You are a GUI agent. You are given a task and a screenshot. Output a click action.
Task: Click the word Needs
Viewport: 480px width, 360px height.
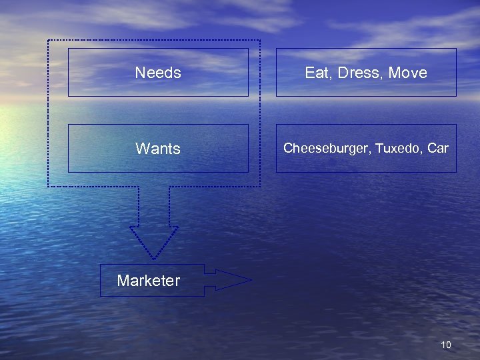click(158, 73)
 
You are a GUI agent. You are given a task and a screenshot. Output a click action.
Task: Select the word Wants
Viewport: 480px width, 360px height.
click(158, 149)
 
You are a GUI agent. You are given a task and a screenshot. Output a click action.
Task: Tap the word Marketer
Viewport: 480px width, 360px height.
click(148, 281)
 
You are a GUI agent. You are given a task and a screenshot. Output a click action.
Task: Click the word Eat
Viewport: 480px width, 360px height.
click(315, 73)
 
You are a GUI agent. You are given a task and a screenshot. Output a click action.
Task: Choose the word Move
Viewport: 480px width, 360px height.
click(407, 73)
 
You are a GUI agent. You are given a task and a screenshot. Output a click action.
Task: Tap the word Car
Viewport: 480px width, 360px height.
click(438, 148)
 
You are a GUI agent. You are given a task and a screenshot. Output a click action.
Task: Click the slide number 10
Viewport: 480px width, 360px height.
click(446, 345)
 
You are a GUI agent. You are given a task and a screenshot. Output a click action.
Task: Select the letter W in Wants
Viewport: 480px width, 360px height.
click(141, 149)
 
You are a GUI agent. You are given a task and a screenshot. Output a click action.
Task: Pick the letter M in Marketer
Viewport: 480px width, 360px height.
click(123, 281)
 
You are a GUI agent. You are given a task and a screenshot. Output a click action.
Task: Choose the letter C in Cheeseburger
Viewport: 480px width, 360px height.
click(288, 148)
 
